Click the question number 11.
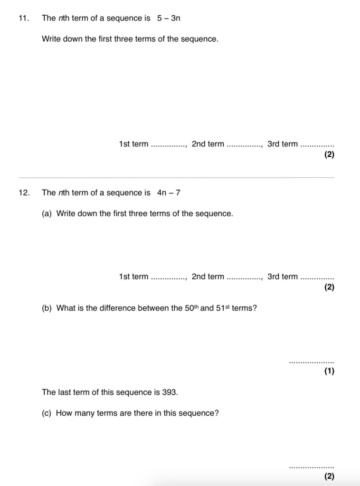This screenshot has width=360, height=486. pyautogui.click(x=23, y=19)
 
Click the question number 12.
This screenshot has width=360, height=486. pyautogui.click(x=23, y=193)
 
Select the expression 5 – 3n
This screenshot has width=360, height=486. pyautogui.click(x=169, y=19)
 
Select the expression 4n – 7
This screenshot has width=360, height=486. pyautogui.click(x=169, y=193)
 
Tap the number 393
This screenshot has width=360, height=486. pyautogui.click(x=170, y=392)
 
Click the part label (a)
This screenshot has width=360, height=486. pyautogui.click(x=47, y=214)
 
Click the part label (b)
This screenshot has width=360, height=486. pyautogui.click(x=47, y=308)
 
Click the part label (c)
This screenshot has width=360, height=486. pyautogui.click(x=47, y=413)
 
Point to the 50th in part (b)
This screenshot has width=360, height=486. pyautogui.click(x=191, y=308)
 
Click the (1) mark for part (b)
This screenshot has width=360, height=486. pyautogui.click(x=329, y=372)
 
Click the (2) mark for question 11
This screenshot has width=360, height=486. pyautogui.click(x=329, y=155)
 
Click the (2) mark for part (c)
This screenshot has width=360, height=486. pyautogui.click(x=329, y=476)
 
